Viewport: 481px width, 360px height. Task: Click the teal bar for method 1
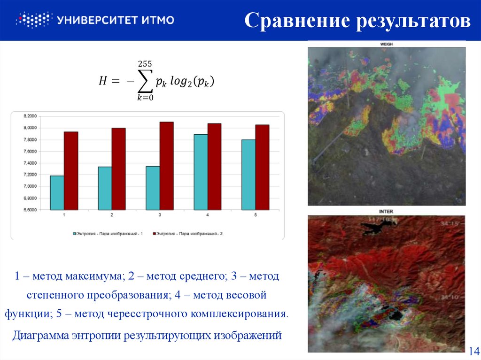(57, 192)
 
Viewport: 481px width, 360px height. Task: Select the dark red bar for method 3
(166, 166)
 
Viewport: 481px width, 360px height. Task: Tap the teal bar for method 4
(201, 172)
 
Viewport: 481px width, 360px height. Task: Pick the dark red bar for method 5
(262, 167)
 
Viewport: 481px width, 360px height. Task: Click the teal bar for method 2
(105, 188)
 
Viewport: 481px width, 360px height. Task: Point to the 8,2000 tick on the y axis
(30, 116)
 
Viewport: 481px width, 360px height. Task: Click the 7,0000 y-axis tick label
(30, 186)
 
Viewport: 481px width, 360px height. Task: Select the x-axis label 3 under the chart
(160, 215)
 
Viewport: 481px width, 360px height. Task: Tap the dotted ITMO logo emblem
(33, 20)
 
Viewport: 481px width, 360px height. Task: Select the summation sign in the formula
(145, 81)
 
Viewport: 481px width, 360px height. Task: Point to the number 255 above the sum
(145, 63)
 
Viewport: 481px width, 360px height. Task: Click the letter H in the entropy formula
(103, 81)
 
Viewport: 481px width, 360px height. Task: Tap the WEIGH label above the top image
(386, 44)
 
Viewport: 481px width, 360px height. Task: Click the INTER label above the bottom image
(386, 212)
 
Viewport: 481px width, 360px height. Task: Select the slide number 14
(473, 351)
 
